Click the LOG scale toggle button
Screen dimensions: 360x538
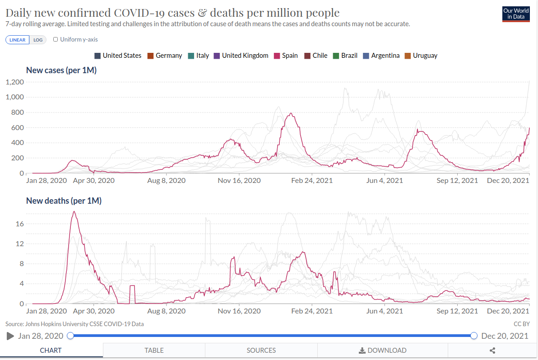coord(38,40)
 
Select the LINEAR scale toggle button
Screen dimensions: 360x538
coord(18,40)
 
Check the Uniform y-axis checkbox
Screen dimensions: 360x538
coord(56,39)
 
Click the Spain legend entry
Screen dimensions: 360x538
coord(285,56)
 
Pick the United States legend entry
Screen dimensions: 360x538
coord(118,56)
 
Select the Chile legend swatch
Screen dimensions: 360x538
coord(308,56)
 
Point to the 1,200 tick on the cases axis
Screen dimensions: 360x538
coord(14,82)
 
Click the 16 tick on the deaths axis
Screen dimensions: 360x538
coord(19,224)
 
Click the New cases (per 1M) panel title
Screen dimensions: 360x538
coord(61,70)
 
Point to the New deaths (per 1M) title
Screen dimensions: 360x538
coord(64,201)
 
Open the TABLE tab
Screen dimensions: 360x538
coord(154,350)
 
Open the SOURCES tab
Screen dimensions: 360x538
coord(261,350)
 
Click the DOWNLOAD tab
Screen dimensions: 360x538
coord(382,350)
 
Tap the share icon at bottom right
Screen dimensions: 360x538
coord(492,350)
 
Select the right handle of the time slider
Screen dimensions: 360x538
coord(474,336)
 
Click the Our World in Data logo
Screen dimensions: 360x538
coord(515,14)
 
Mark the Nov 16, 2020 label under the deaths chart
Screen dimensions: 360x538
coord(239,311)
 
